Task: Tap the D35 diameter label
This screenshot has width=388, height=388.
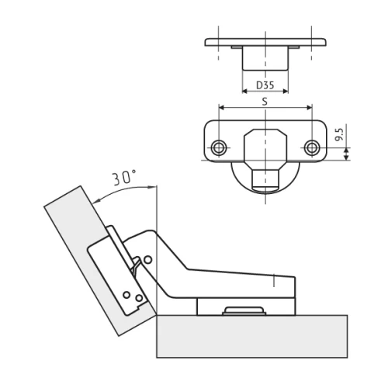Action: click(265, 85)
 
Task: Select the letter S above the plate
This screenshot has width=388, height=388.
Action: click(265, 102)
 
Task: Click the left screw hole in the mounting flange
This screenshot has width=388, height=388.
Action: click(220, 147)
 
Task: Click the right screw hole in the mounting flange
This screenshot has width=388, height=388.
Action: click(312, 147)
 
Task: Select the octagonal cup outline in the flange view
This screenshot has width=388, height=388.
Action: click(266, 147)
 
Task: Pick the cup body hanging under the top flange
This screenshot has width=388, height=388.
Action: click(265, 59)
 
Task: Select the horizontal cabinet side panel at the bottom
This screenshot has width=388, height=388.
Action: click(248, 338)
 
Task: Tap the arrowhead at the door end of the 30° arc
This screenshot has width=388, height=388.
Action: click(96, 199)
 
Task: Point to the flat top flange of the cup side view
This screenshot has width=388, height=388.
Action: click(265, 41)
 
